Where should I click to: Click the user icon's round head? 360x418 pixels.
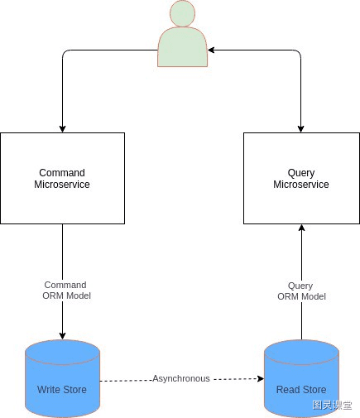182,13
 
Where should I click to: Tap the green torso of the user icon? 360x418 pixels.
182,47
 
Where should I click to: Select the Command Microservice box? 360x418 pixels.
63,178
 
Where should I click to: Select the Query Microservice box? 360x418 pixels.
301,178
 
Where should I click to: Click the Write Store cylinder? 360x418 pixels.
62,378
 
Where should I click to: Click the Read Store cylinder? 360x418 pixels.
301,378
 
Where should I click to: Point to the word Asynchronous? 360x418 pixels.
181,378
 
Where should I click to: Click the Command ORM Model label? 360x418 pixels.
66,291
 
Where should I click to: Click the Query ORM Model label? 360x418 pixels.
301,291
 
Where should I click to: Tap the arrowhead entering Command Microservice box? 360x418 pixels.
62,129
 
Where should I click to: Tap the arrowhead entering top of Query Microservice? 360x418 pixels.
301,129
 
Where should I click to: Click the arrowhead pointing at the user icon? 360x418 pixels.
211,50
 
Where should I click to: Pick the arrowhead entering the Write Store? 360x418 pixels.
62,336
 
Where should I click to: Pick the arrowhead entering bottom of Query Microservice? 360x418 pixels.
301,228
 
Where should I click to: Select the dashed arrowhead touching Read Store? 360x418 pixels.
261,378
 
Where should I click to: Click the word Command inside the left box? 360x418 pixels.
62,173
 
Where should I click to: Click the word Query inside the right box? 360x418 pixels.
301,173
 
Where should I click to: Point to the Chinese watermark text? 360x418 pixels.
332,405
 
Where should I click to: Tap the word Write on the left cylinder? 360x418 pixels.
50,390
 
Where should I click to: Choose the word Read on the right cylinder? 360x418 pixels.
288,390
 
